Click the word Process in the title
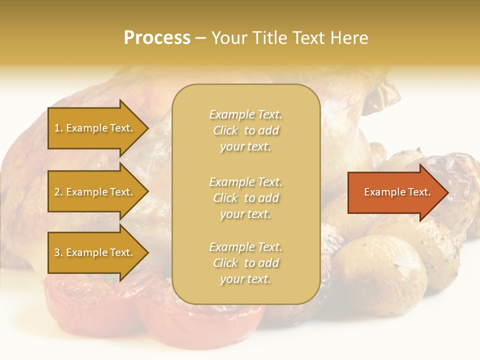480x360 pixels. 157,38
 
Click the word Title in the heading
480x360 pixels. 270,38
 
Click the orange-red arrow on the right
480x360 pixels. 395,192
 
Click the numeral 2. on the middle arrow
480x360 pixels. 58,192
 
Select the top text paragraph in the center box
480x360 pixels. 245,130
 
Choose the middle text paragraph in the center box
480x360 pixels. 245,198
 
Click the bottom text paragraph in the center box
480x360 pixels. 245,263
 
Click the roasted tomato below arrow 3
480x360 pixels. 90,300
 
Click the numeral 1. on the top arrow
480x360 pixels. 58,128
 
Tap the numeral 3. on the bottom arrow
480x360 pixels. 58,252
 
